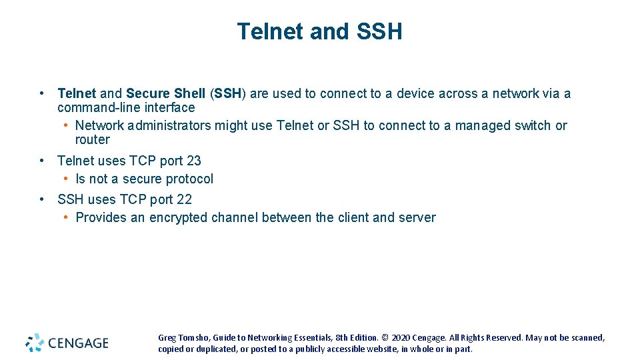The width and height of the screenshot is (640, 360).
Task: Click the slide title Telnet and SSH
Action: (319, 31)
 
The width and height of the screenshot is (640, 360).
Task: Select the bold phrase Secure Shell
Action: (165, 94)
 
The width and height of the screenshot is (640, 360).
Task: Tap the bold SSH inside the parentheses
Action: (228, 94)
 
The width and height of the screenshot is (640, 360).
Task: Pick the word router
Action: (93, 140)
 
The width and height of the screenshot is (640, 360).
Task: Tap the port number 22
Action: (184, 199)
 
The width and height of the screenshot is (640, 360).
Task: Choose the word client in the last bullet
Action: (353, 218)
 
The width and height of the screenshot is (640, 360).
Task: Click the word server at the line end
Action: (417, 218)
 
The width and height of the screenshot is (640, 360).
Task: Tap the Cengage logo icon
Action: (35, 343)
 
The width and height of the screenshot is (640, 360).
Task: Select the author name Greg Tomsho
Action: (183, 338)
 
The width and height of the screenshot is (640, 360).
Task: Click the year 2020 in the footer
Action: (401, 338)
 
